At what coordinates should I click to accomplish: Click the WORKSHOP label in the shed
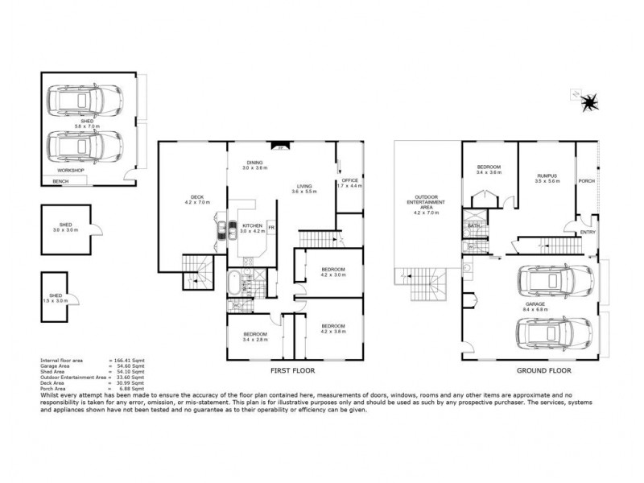70,171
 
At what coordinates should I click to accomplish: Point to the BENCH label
60,182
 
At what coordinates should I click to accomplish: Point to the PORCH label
587,181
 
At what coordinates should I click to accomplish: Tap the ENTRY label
588,233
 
